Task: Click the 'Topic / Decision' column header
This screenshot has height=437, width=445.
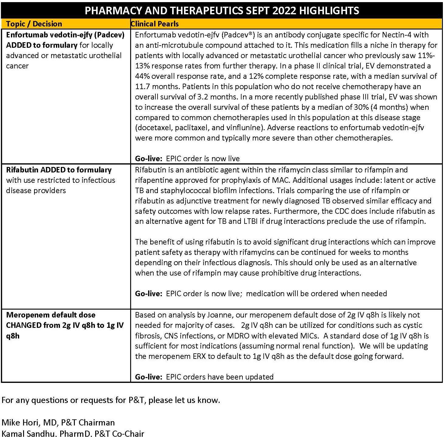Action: tap(34, 24)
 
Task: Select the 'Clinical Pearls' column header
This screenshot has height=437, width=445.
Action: tap(155, 24)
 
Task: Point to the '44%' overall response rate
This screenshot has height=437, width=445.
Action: tap(142, 76)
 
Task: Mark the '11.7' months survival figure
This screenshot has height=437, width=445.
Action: tap(142, 86)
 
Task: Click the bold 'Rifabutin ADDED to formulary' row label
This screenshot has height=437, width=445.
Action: tap(59, 170)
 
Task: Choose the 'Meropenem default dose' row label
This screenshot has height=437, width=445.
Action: tap(51, 315)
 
